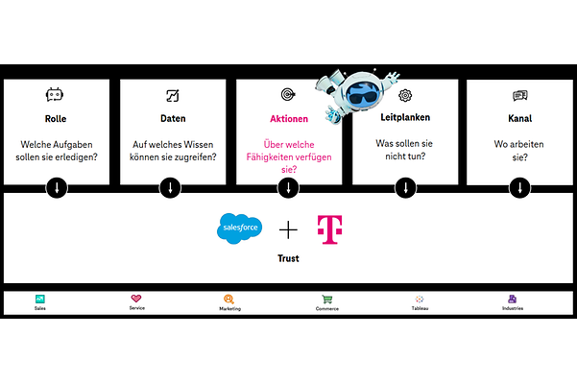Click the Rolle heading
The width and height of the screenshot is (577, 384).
coord(56,119)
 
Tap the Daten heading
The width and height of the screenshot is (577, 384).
coord(173,119)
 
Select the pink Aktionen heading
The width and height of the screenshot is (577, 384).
coord(288,119)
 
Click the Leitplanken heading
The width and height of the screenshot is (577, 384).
coord(404,119)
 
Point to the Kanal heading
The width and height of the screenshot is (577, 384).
coord(520,119)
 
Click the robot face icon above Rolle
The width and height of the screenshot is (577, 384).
coord(56,95)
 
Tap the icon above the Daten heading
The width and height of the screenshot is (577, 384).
coord(173,95)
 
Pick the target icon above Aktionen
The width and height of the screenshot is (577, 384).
coord(288,95)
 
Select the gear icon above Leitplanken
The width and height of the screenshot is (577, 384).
coord(405,95)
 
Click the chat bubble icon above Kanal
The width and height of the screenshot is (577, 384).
coord(520,95)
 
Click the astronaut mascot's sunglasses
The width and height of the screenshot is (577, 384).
coord(361,96)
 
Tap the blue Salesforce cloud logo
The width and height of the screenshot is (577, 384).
coord(239,228)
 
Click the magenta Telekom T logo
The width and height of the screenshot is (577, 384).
coord(329,229)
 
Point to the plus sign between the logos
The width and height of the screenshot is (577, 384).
coord(288,229)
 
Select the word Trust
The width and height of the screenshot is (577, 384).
coord(288,258)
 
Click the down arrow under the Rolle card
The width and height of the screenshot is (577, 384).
coord(57,186)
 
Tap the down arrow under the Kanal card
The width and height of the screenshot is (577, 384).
coord(519,186)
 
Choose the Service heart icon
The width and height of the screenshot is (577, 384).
coord(137,300)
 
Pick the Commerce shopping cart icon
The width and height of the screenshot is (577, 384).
coord(327,300)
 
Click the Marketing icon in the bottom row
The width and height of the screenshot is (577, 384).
coord(229,300)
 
